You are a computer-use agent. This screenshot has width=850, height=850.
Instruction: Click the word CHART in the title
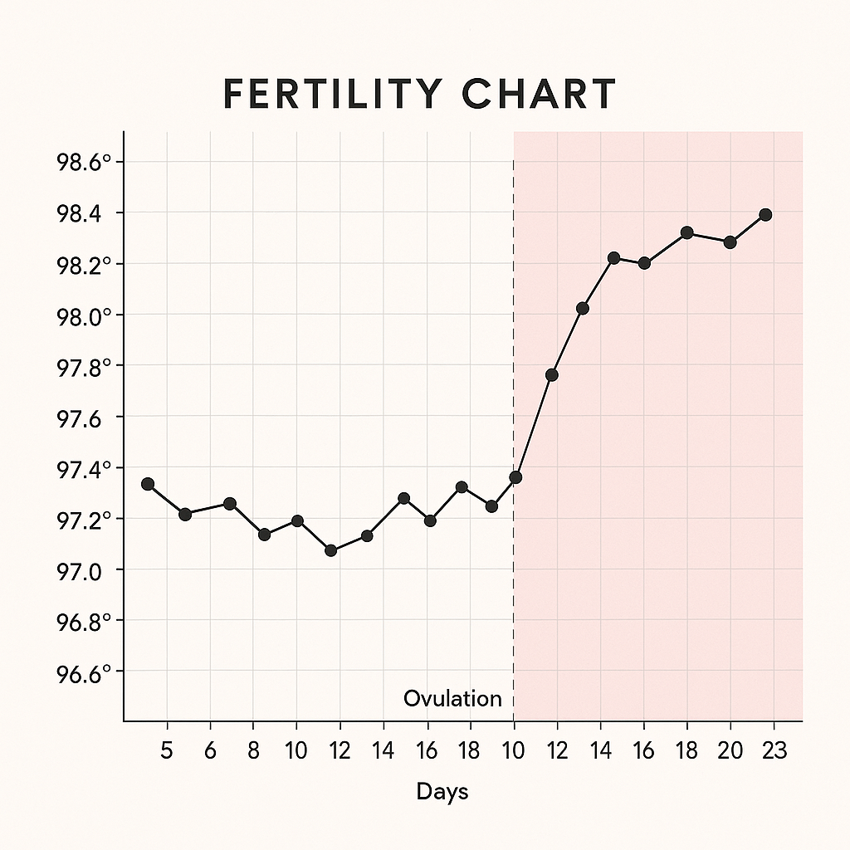(x=540, y=95)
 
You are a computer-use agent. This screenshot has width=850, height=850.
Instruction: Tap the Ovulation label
(x=452, y=699)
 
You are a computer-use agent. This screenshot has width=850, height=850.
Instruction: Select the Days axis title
(x=442, y=792)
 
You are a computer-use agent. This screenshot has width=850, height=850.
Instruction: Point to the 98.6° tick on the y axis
(x=83, y=162)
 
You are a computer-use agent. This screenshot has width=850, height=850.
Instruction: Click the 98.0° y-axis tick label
(x=83, y=315)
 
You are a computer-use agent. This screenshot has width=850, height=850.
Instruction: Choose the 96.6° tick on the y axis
(x=83, y=672)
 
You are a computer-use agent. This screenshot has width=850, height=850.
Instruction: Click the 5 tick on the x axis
(x=167, y=751)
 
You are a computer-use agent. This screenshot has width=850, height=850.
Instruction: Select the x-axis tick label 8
(x=254, y=751)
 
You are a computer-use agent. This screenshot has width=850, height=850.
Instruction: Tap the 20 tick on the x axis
(x=730, y=751)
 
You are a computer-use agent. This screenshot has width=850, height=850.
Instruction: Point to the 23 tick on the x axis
(x=774, y=751)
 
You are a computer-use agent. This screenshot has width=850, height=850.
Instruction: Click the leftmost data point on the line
(x=148, y=484)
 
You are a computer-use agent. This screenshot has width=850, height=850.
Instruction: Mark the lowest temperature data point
(x=331, y=550)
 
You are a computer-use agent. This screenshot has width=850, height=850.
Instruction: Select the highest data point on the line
(x=765, y=215)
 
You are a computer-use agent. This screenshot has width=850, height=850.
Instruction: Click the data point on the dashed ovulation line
(x=515, y=477)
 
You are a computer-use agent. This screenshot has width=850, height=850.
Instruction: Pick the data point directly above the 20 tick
(x=730, y=242)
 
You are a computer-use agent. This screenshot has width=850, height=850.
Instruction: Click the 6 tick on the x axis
(x=210, y=751)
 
